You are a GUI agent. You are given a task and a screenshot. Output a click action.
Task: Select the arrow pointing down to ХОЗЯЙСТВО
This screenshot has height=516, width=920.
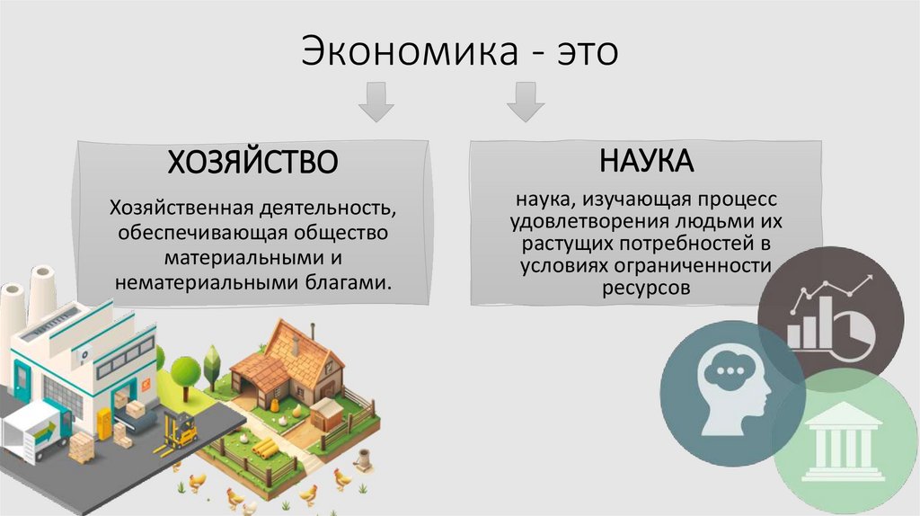(376, 102)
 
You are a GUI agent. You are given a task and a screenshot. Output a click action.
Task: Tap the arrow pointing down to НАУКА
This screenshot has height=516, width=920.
(525, 102)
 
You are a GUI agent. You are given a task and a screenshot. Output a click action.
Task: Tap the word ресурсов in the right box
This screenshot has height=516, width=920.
(647, 289)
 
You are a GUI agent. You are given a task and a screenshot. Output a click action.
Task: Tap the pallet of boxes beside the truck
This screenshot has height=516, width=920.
(81, 447)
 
